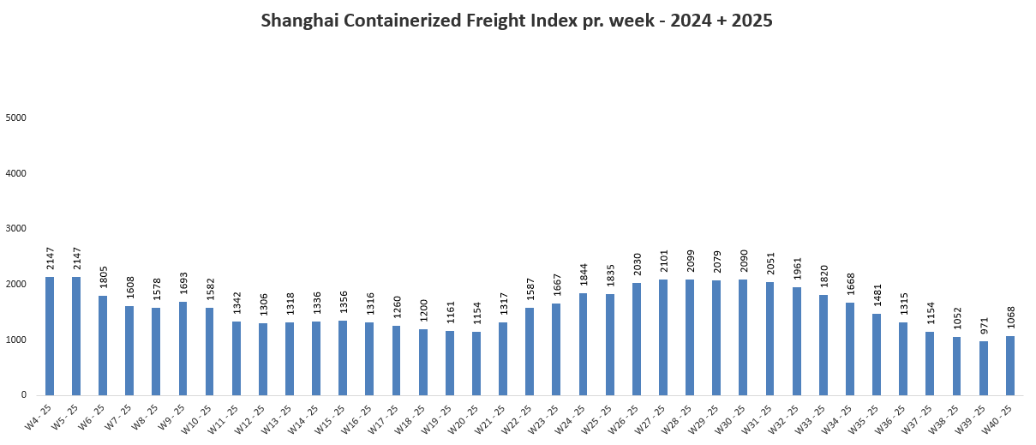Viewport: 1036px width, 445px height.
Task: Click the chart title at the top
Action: pos(517,21)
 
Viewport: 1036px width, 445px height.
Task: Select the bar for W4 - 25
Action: pos(50,336)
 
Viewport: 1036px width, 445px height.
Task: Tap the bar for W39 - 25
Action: pos(984,368)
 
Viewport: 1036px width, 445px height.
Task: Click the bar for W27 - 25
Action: pos(663,337)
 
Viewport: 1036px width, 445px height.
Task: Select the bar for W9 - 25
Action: pos(183,348)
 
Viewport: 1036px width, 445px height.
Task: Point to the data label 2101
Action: pos(663,262)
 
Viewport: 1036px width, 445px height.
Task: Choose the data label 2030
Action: pos(637,264)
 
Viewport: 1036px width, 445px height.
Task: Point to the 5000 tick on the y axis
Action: pos(16,117)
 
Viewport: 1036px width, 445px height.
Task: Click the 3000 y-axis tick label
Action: pos(16,229)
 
